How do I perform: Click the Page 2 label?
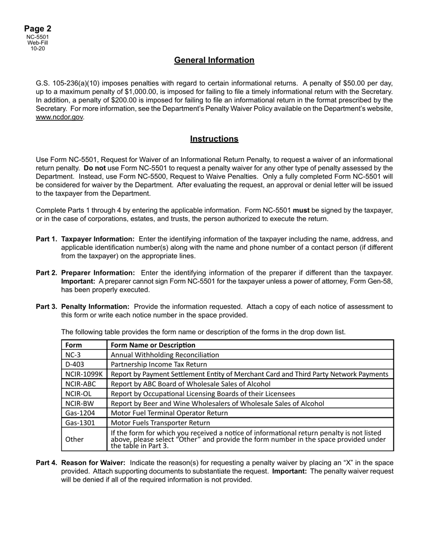point(38,29)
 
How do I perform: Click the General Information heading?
point(214,60)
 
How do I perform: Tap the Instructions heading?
point(214,139)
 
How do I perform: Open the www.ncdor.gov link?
point(59,117)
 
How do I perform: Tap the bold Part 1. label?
point(47,239)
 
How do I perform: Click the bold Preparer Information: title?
point(98,273)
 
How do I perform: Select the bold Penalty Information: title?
point(95,307)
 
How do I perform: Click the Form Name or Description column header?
point(153,345)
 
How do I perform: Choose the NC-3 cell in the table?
point(73,355)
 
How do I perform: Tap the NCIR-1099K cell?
point(84,374)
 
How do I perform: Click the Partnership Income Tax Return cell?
point(159,364)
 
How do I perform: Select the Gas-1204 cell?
point(80,413)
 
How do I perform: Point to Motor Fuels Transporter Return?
point(160,423)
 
